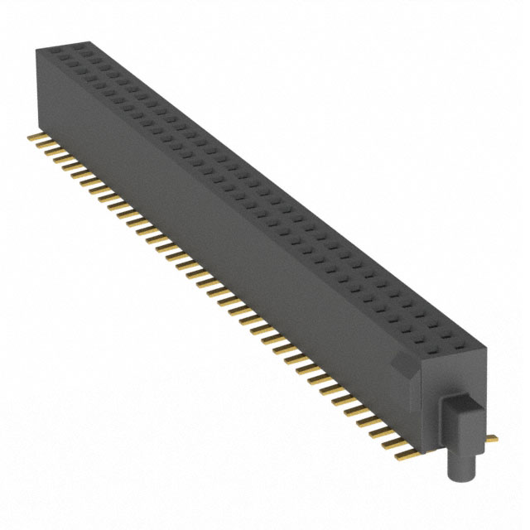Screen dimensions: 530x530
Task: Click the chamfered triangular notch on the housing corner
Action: pos(401,362)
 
